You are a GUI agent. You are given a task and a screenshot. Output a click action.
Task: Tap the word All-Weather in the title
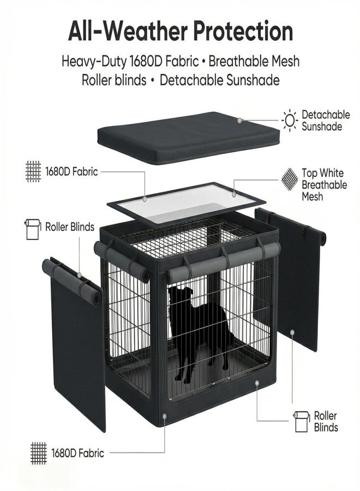point(128,31)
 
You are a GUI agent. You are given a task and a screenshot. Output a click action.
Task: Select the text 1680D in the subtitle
point(145,61)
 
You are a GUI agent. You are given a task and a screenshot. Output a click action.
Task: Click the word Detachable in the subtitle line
point(191,80)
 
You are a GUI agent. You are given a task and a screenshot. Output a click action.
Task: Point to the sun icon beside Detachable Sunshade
point(290,120)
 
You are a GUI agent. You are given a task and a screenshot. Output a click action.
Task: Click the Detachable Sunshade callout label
point(326,121)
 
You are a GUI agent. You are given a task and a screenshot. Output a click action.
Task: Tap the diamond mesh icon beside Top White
point(289,179)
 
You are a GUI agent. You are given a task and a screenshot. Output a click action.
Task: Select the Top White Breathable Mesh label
point(325,185)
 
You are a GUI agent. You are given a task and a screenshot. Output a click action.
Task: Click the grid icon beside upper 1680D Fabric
point(33,171)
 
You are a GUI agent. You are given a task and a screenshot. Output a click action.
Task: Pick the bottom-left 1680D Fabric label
point(77,453)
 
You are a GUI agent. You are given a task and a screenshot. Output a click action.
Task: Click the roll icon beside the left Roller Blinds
point(33,229)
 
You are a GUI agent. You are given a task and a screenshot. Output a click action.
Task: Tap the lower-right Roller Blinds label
point(326,422)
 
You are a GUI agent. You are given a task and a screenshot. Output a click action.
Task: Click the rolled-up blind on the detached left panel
point(71,282)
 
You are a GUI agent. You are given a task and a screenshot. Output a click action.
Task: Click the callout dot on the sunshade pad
point(239,120)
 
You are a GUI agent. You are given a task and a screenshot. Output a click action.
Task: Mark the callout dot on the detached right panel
point(292,332)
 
